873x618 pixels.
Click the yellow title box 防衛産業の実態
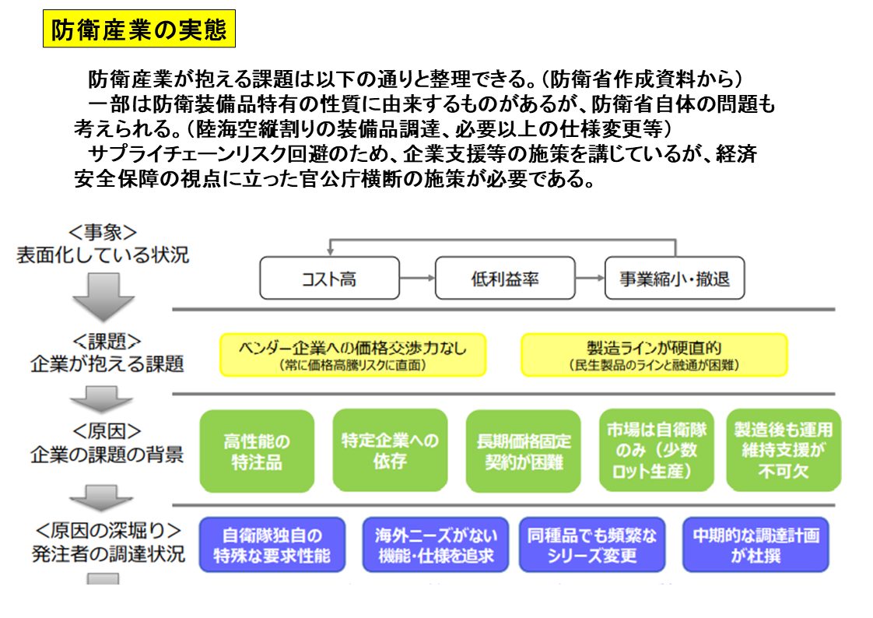point(139,28)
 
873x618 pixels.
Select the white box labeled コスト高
point(330,278)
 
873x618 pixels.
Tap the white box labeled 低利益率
point(505,278)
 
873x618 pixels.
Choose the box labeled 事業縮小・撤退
point(675,278)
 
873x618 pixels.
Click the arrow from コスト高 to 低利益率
point(418,278)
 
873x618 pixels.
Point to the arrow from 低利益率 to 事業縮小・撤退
point(590,278)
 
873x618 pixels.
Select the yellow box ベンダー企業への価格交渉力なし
point(353,355)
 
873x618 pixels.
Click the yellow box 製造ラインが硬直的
point(654,355)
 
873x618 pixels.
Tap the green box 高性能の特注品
point(257,451)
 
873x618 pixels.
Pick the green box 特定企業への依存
point(391,451)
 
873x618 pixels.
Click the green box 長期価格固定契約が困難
point(524,451)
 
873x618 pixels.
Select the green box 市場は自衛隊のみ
point(657,451)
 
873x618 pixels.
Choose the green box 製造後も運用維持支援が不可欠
point(784,451)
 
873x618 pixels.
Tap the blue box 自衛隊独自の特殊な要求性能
point(272,545)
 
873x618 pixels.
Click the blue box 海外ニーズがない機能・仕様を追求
point(436,545)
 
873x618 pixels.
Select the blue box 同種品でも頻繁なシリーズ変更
point(592,545)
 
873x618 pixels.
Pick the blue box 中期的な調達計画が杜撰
point(756,545)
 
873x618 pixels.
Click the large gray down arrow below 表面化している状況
point(103,297)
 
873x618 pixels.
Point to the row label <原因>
point(107,431)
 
